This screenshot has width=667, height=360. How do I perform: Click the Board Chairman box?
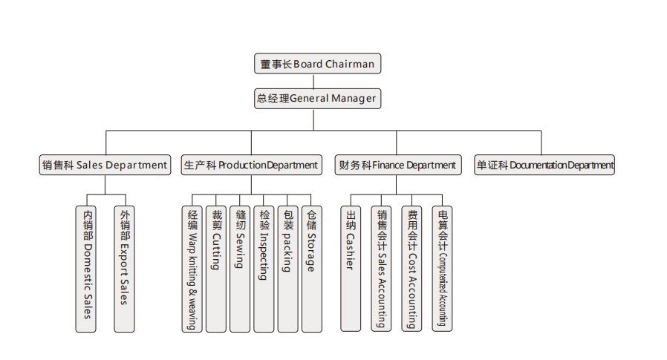[317, 64]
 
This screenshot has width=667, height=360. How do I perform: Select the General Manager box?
[317, 98]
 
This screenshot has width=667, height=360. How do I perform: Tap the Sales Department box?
[105, 165]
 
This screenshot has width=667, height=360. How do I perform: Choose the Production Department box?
[250, 165]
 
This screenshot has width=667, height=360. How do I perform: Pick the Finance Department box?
[397, 165]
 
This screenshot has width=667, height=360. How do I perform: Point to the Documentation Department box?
[544, 165]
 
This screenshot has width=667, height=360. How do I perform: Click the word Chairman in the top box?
[349, 64]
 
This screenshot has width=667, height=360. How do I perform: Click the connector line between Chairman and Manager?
[317, 81]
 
